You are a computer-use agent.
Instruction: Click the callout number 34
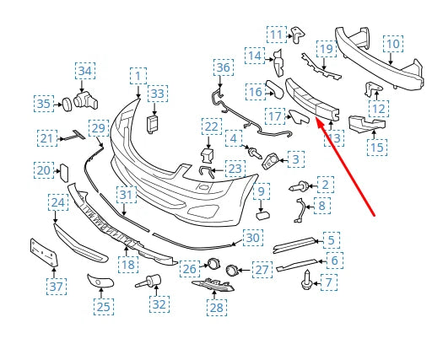point(85,71)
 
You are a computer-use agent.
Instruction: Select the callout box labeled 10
point(393,44)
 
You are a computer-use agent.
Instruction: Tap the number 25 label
point(104,307)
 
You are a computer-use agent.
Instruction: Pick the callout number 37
point(57,287)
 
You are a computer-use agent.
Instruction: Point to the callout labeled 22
point(212,126)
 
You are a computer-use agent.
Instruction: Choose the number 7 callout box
point(329,282)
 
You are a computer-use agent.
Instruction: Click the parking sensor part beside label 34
point(86,100)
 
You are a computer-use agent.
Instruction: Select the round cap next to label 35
point(67,105)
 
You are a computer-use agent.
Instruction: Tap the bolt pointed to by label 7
point(307,280)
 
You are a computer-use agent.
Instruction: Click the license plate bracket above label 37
point(44,252)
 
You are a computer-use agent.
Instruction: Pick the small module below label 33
point(152,124)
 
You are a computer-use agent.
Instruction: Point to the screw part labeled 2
point(299,186)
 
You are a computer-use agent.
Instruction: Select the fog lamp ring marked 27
point(232,271)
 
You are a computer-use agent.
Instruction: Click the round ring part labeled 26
point(213,264)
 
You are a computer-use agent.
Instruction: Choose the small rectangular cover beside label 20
point(63,173)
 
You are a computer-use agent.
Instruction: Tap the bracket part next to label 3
point(271,161)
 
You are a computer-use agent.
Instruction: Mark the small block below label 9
point(262,216)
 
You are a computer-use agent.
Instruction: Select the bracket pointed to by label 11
point(298,35)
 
